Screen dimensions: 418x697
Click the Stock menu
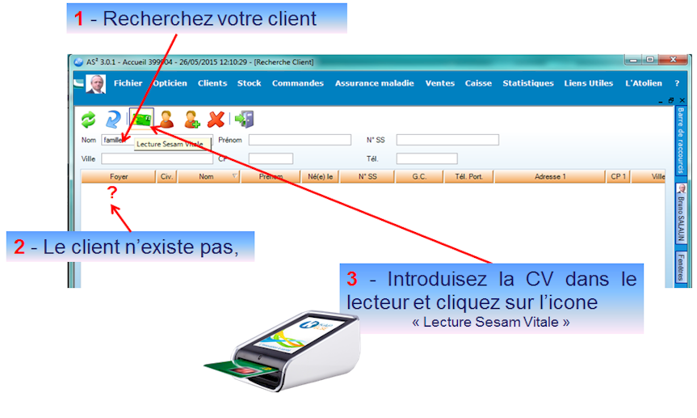(x=249, y=83)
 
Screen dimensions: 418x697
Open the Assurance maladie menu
(x=374, y=83)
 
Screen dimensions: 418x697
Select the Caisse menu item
(x=478, y=83)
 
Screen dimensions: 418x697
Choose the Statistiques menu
(x=528, y=83)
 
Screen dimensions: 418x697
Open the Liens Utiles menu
(x=589, y=83)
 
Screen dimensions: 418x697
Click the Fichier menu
(x=128, y=83)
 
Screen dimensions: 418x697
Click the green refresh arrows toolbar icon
(x=89, y=120)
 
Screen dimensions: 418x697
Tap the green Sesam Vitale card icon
(x=142, y=120)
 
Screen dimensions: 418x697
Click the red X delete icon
(x=216, y=120)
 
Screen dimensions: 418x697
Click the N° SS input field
(x=447, y=140)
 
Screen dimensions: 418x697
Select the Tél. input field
(x=426, y=158)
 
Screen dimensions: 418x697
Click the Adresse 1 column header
(x=550, y=175)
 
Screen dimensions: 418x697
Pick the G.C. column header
(x=419, y=175)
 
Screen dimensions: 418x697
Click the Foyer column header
(x=119, y=175)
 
